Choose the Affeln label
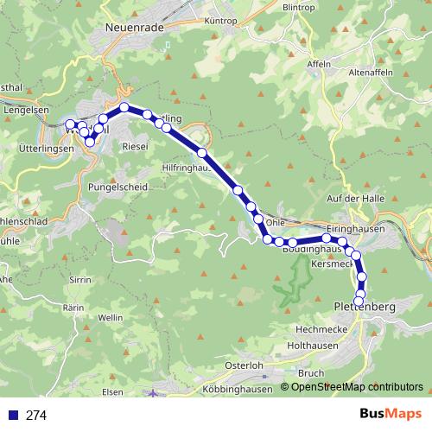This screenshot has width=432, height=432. (x=319, y=64)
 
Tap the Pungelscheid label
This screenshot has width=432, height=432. (x=118, y=186)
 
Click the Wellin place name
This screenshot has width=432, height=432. (x=111, y=318)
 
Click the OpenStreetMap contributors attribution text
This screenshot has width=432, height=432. (x=356, y=386)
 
